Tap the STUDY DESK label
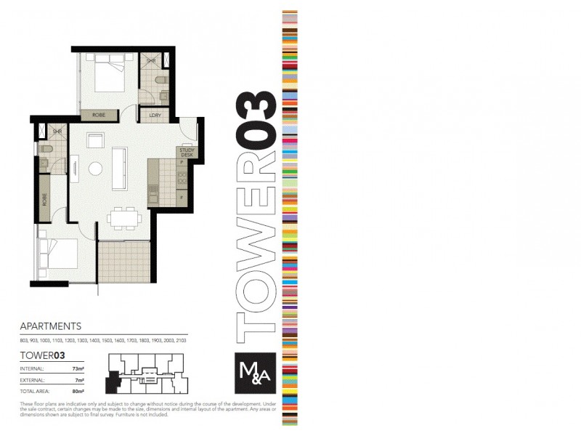click(x=186, y=153)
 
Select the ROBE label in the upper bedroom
click(x=99, y=115)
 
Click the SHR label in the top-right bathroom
click(x=151, y=60)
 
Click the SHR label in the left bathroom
click(x=57, y=131)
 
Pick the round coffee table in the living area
click(x=96, y=169)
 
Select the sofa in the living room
click(x=120, y=168)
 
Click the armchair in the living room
click(x=95, y=140)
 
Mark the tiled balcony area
click(x=123, y=262)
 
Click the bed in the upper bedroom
click(x=108, y=76)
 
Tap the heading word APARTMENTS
click(x=50, y=326)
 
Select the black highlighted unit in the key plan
click(x=113, y=379)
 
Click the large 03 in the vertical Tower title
click(x=258, y=119)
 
